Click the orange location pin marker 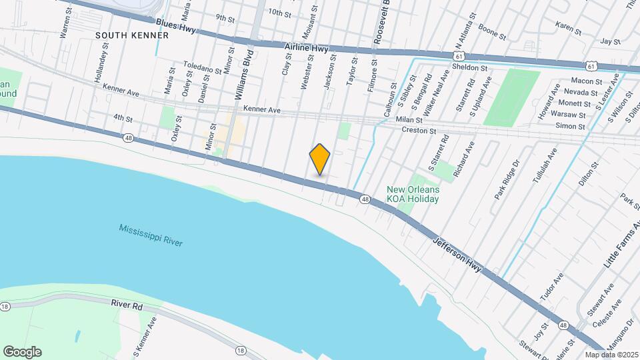320,159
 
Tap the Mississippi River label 151,237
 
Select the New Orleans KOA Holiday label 413,195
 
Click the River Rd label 127,303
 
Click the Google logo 22,352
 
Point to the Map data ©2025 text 611,354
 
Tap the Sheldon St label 470,68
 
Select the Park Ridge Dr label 506,179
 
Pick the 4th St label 123,118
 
